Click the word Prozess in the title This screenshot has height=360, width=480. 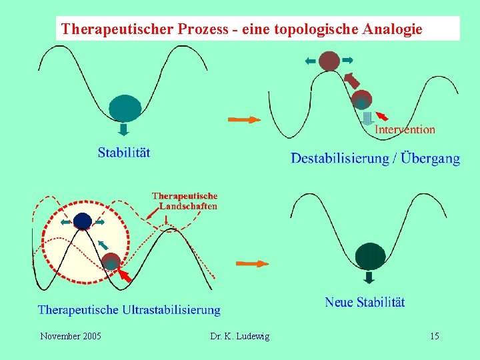(x=202, y=29)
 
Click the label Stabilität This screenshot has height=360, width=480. (x=123, y=152)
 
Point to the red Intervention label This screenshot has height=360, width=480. (x=405, y=130)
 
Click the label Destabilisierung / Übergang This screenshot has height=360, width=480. (x=375, y=158)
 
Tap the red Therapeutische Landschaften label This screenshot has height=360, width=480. (x=185, y=201)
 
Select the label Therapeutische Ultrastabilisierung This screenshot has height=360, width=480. (x=129, y=310)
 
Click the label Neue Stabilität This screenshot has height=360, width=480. (x=365, y=302)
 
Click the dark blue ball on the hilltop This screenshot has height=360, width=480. (x=82, y=221)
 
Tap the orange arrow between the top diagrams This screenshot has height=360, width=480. (x=244, y=119)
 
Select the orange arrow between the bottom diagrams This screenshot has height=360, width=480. (x=253, y=263)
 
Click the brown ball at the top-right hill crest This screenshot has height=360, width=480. (x=329, y=61)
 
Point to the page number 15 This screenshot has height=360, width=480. (x=434, y=336)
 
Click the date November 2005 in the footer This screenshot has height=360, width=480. (x=71, y=336)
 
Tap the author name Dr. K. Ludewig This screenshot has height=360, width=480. (x=240, y=336)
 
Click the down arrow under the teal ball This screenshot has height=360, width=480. (x=124, y=128)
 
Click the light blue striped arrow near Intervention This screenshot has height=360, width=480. (x=366, y=118)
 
